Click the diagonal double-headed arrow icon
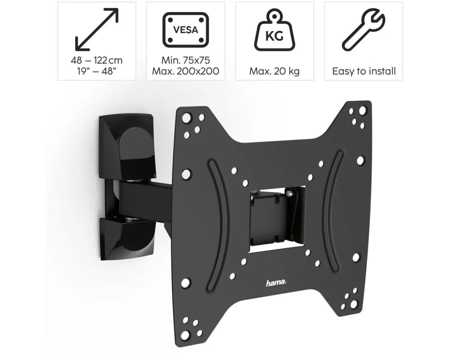(97, 30)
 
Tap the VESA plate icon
(185, 30)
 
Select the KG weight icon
(274, 30)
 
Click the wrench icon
(363, 30)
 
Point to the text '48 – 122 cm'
(97, 60)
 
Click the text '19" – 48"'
(96, 71)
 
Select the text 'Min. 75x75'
(185, 60)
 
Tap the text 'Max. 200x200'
(185, 71)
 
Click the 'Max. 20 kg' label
(274, 71)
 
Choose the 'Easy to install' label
(364, 71)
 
